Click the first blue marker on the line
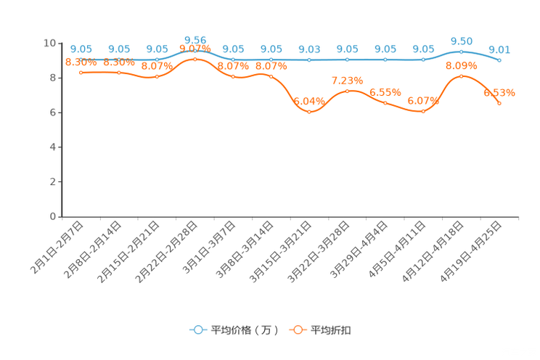click(x=81, y=60)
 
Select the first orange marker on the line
click(x=81, y=72)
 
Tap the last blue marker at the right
click(x=499, y=60)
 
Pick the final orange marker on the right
click(x=499, y=104)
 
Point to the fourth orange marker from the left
click(x=195, y=60)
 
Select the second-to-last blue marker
click(x=461, y=52)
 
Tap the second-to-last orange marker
click(x=461, y=75)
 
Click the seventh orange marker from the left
click(x=309, y=112)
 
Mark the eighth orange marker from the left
click(x=347, y=91)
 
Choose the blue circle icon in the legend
click(x=197, y=330)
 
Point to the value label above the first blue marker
click(x=81, y=49)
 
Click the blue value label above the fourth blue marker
click(x=195, y=38)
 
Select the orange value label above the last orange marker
click(x=499, y=93)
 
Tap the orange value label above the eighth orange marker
click(x=347, y=80)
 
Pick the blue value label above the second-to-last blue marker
click(x=461, y=41)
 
